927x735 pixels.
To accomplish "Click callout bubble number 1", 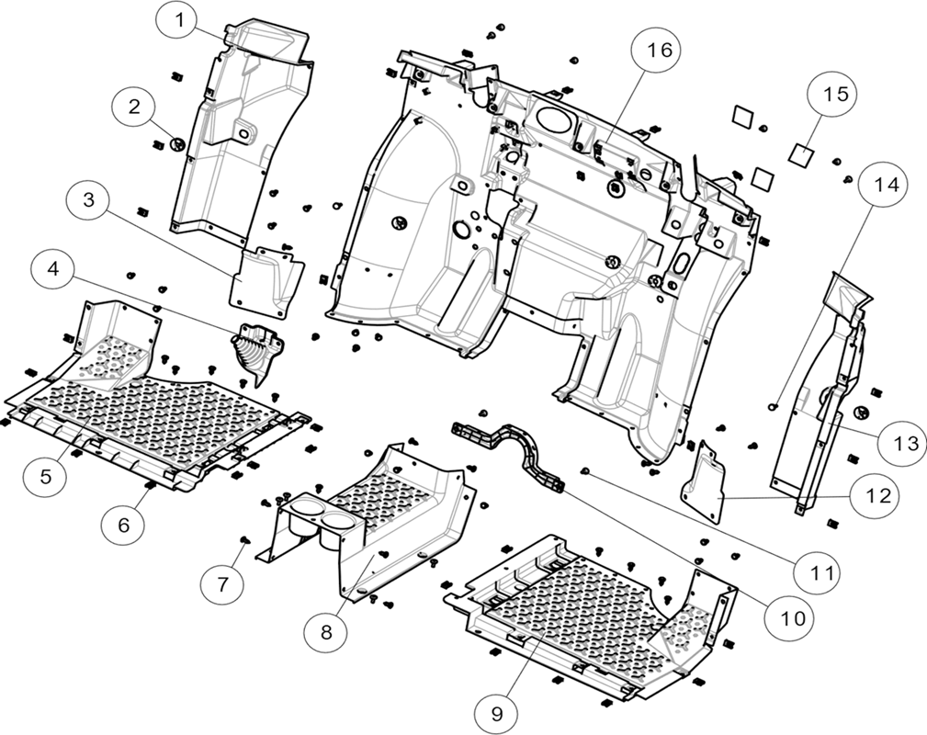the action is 178,21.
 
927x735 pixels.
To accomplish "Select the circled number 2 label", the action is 134,107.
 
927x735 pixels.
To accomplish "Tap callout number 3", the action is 89,200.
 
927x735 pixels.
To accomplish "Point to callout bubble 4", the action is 54,270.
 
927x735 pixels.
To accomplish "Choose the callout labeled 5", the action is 46,476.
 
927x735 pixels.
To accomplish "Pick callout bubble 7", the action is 222,583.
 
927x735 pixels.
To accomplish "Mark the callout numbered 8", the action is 326,632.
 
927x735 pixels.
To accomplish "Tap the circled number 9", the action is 497,713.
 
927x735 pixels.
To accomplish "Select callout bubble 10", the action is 793,618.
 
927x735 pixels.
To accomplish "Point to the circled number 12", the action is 878,495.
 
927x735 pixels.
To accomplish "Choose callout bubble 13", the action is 905,443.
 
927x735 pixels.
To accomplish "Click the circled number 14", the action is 887,185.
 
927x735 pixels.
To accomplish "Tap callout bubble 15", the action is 835,94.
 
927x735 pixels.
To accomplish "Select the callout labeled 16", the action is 659,51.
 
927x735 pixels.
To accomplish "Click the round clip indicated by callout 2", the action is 176,143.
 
